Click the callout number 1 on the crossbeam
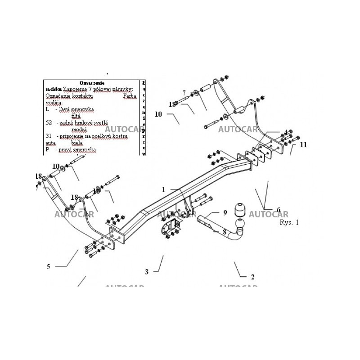(x=164, y=189)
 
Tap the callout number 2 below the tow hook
(x=252, y=277)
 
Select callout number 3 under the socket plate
(x=146, y=271)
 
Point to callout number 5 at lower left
(x=48, y=266)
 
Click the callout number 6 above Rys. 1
(x=278, y=209)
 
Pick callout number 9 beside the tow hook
(x=225, y=212)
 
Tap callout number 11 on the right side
(x=304, y=144)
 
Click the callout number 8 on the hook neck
(x=225, y=232)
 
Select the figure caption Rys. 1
(x=289, y=222)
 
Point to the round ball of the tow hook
(x=241, y=224)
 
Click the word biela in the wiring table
(x=76, y=142)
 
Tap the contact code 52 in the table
(x=49, y=122)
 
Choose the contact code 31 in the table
(x=49, y=135)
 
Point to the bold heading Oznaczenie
(x=92, y=83)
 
